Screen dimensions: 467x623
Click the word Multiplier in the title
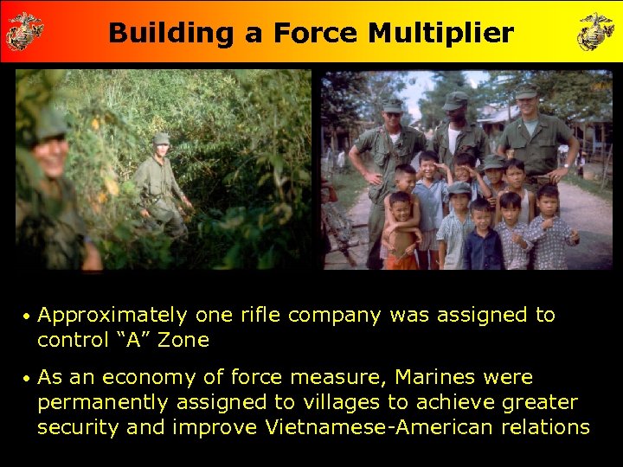tap(440, 33)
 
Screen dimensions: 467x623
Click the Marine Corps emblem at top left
tap(24, 31)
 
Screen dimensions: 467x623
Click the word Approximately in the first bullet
tap(112, 316)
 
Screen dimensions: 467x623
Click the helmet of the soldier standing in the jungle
tap(161, 138)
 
